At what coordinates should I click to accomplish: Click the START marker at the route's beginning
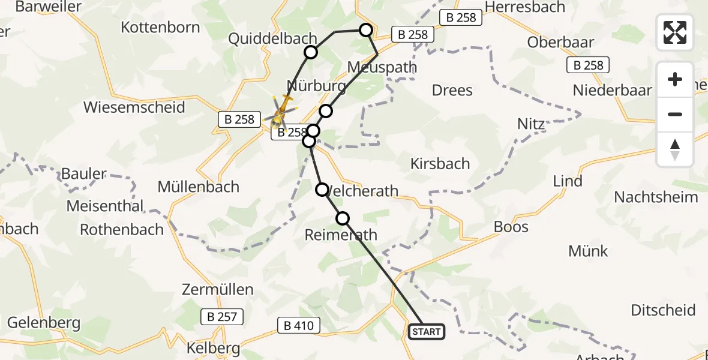[x=427, y=331]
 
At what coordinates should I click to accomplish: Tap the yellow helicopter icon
[x=281, y=112]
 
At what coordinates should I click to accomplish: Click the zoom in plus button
[x=675, y=79]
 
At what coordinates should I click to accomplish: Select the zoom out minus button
[x=675, y=114]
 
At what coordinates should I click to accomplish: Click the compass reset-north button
[x=675, y=149]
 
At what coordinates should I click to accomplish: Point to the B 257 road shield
[x=222, y=316]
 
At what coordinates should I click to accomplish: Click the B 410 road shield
[x=299, y=326]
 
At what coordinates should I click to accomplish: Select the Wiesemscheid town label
[x=134, y=107]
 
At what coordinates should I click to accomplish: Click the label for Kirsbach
[x=440, y=163]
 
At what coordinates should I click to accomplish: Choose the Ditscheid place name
[x=663, y=310]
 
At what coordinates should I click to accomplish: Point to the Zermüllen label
[x=217, y=290]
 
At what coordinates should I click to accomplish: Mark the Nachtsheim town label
[x=656, y=197]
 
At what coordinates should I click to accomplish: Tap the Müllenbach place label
[x=198, y=187]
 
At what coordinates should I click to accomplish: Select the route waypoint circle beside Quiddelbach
[x=311, y=53]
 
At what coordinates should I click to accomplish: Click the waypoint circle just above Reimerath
[x=343, y=218]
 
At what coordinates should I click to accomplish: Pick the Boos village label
[x=511, y=226]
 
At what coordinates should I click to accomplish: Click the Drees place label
[x=452, y=90]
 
